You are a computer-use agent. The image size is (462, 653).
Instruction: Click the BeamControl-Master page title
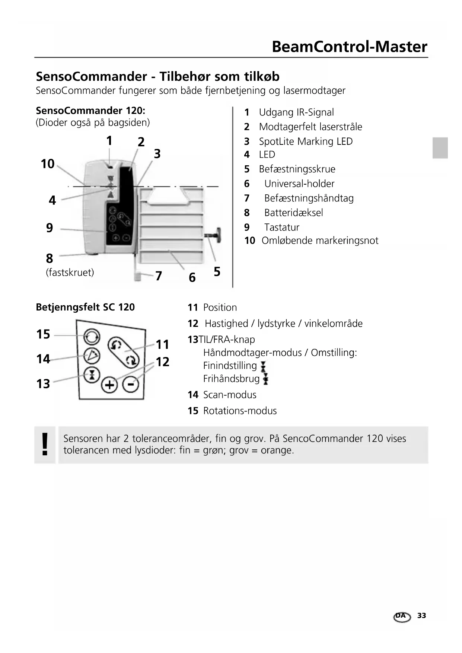[349, 47]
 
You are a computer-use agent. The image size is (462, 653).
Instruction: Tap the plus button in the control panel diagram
[109, 385]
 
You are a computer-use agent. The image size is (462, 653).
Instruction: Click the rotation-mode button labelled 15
[92, 337]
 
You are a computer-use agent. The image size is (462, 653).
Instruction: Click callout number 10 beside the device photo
[48, 164]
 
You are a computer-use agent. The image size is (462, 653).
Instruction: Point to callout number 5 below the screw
[217, 272]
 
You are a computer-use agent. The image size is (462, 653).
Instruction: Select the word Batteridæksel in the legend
[293, 213]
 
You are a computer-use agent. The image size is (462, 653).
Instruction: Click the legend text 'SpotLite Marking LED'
[306, 141]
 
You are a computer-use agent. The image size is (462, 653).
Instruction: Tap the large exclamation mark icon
[45, 445]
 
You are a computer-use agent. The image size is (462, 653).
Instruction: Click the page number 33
[421, 615]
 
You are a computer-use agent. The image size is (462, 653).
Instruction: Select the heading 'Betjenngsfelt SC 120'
[85, 307]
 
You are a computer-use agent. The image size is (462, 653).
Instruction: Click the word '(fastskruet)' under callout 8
[70, 273]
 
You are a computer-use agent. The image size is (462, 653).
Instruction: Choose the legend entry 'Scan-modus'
[230, 395]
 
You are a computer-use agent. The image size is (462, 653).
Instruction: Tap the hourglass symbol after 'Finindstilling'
[263, 366]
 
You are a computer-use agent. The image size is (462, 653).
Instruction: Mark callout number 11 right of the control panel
[162, 344]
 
